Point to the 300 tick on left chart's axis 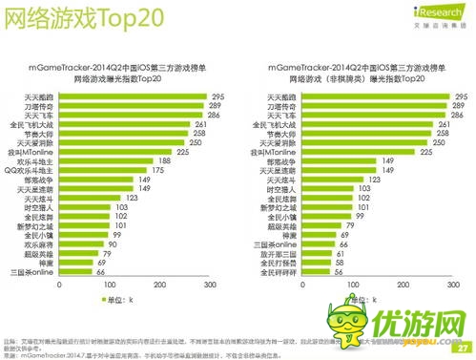208,286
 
